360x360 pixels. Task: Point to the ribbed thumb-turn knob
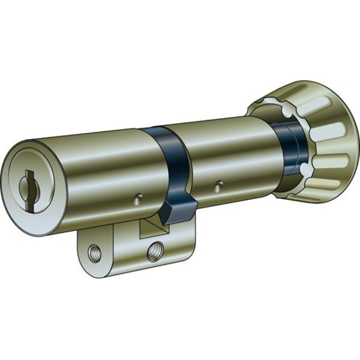pyautogui.click(x=324, y=144)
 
